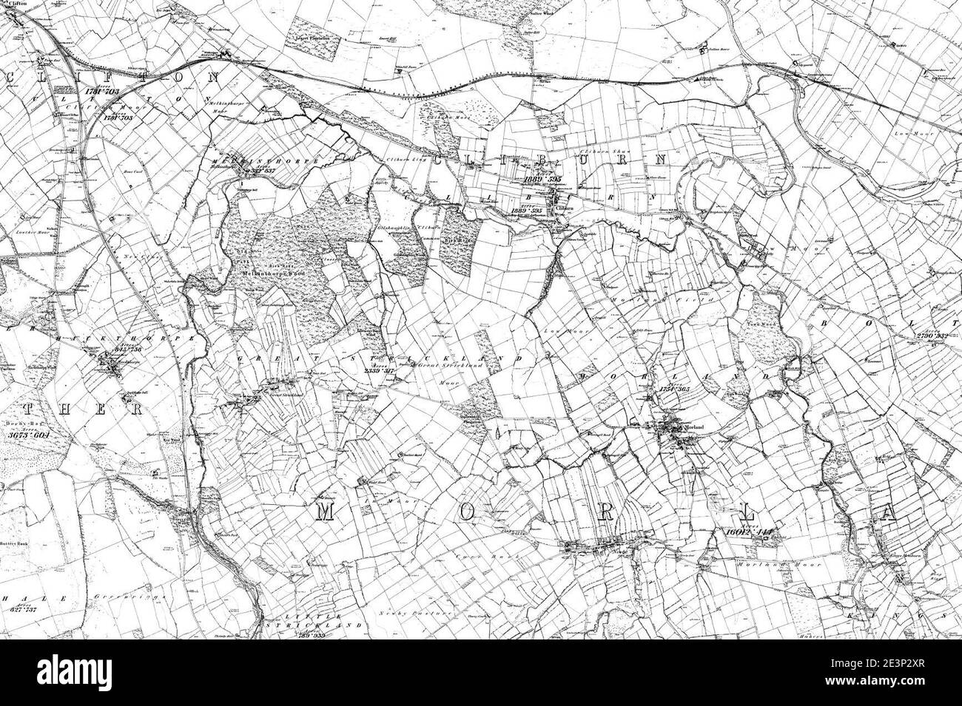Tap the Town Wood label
click(x=763, y=325)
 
